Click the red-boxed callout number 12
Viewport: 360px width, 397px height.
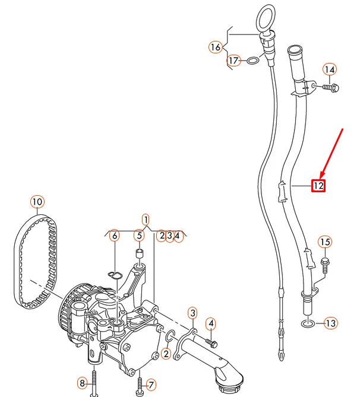318,186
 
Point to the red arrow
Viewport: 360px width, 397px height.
333,151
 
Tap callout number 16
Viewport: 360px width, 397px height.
215,46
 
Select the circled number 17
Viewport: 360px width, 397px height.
233,61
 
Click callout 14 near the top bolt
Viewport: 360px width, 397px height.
330,70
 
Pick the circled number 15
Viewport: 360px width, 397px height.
324,242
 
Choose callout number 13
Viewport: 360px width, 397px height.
330,323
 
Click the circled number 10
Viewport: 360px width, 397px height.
37,202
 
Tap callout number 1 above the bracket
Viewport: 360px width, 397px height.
146,219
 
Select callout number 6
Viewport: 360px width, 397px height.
114,236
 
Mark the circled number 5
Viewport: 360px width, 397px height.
138,236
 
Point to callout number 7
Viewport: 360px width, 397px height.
150,385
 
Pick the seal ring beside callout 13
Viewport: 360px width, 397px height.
307,323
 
